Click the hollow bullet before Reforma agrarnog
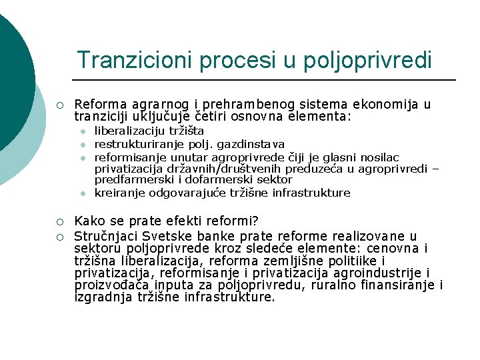pos(59,105)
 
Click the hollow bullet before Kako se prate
pos(59,221)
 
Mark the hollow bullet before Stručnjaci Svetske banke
pos(59,236)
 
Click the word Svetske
pos(161,236)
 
